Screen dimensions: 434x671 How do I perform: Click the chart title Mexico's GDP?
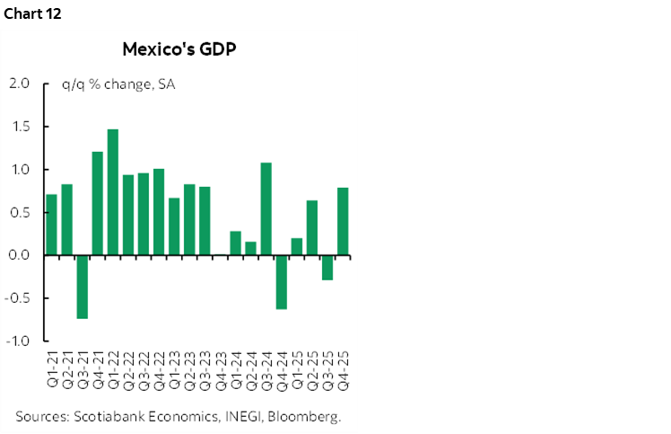(179, 49)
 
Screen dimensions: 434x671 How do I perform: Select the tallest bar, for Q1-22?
(112, 192)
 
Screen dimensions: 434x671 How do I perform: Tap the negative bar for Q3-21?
(82, 287)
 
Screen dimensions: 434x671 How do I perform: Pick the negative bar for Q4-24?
(281, 282)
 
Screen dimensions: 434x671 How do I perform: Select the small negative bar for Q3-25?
(327, 268)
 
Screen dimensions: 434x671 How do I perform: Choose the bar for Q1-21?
(51, 225)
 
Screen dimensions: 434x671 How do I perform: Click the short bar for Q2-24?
(250, 248)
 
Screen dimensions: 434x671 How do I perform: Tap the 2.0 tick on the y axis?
(19, 84)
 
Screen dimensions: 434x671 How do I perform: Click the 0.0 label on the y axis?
(19, 256)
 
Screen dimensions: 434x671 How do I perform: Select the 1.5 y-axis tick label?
(19, 127)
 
